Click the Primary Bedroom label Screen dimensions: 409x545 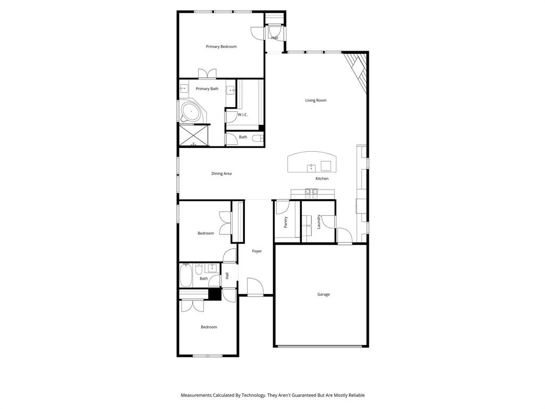click(221, 47)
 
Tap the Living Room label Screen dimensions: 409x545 click(316, 100)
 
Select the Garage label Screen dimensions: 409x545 click(324, 295)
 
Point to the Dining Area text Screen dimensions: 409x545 click(221, 174)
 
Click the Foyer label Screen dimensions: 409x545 click(257, 251)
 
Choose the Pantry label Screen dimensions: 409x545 click(286, 222)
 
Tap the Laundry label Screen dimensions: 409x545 click(319, 222)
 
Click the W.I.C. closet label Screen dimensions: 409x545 click(243, 114)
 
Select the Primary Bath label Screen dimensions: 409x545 click(207, 89)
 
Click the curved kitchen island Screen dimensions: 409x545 click(312, 162)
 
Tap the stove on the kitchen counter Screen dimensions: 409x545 click(311, 192)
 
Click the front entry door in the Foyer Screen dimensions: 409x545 click(255, 287)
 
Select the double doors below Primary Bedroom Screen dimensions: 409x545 click(207, 74)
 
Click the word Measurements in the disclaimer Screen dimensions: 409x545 click(199, 395)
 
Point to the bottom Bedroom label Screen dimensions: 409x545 click(209, 327)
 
